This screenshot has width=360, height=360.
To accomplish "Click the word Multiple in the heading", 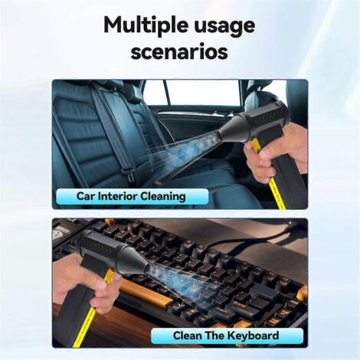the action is click(x=146, y=26).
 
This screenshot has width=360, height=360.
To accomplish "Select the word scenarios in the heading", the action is click(x=179, y=51).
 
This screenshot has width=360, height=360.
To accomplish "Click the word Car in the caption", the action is click(x=86, y=196).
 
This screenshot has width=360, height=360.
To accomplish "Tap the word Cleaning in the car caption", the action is click(x=163, y=197).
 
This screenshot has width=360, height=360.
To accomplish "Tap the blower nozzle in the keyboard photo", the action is click(x=135, y=261).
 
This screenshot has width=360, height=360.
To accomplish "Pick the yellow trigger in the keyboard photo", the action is click(x=109, y=277).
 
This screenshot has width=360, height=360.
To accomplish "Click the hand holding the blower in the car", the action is click(x=276, y=151).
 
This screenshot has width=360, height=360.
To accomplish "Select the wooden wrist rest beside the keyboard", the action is click(x=147, y=291).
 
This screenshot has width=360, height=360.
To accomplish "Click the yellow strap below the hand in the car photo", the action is click(x=277, y=193).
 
